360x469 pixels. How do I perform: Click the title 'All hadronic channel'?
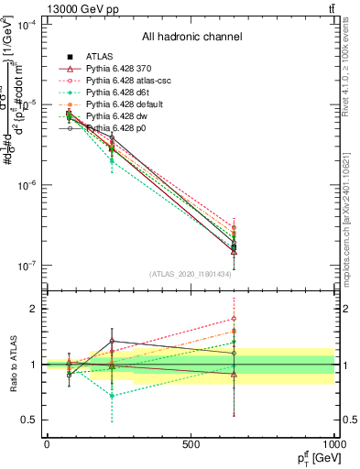coord(191,38)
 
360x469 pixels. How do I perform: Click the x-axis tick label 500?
coord(191,444)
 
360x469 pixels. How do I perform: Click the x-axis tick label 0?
coord(47,444)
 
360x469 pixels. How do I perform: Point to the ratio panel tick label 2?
coord(31,309)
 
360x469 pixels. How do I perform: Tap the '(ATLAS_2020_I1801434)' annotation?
coord(191,273)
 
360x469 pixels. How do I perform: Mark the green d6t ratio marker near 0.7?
coord(112,396)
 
